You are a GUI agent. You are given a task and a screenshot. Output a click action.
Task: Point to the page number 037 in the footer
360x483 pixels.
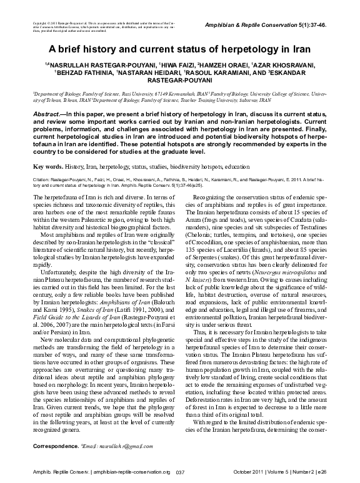[x=180, y=472]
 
